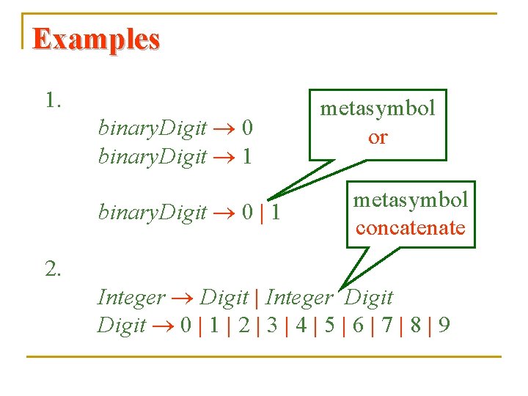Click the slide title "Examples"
coord(96,40)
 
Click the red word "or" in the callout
coord(378,137)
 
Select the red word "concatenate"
coord(410,227)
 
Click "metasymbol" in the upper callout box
coord(378,109)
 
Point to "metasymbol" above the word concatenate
coord(410,199)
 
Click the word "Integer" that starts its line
coord(131,298)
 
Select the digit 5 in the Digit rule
coord(331,325)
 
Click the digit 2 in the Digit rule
coord(244,325)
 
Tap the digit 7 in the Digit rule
coord(388,325)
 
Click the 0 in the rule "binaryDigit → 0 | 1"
coord(247,213)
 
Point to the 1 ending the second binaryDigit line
coord(246,156)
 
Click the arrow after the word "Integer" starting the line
coord(183,298)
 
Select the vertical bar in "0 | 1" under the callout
coord(262,213)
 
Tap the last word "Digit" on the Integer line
coord(369,298)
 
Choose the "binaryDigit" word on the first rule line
coord(152,129)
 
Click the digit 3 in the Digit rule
coord(273,325)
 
